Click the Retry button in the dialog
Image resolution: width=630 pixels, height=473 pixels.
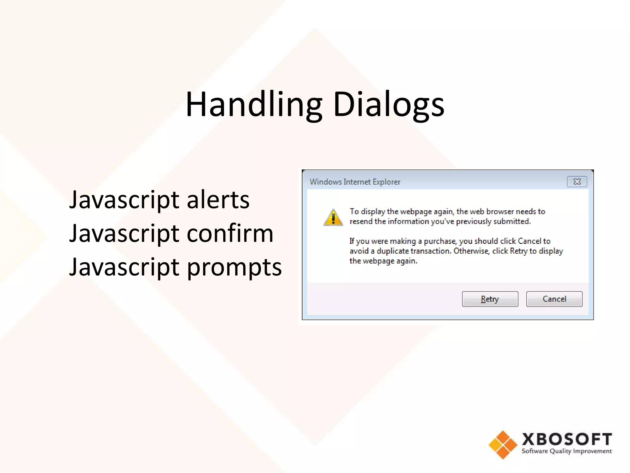490,299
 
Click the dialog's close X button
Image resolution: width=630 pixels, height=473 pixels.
577,182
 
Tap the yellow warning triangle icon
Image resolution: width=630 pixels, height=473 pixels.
333,217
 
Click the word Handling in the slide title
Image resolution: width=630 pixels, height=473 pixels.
254,105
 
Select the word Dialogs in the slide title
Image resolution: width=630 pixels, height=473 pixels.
389,105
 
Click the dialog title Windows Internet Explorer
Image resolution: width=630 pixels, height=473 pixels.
355,182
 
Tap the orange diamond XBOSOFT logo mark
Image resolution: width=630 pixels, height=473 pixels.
503,445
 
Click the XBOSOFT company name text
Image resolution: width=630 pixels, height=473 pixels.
567,439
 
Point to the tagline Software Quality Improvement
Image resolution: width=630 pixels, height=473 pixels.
567,451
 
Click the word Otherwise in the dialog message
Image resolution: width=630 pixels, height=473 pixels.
471,251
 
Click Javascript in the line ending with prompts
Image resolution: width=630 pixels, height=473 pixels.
124,267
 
